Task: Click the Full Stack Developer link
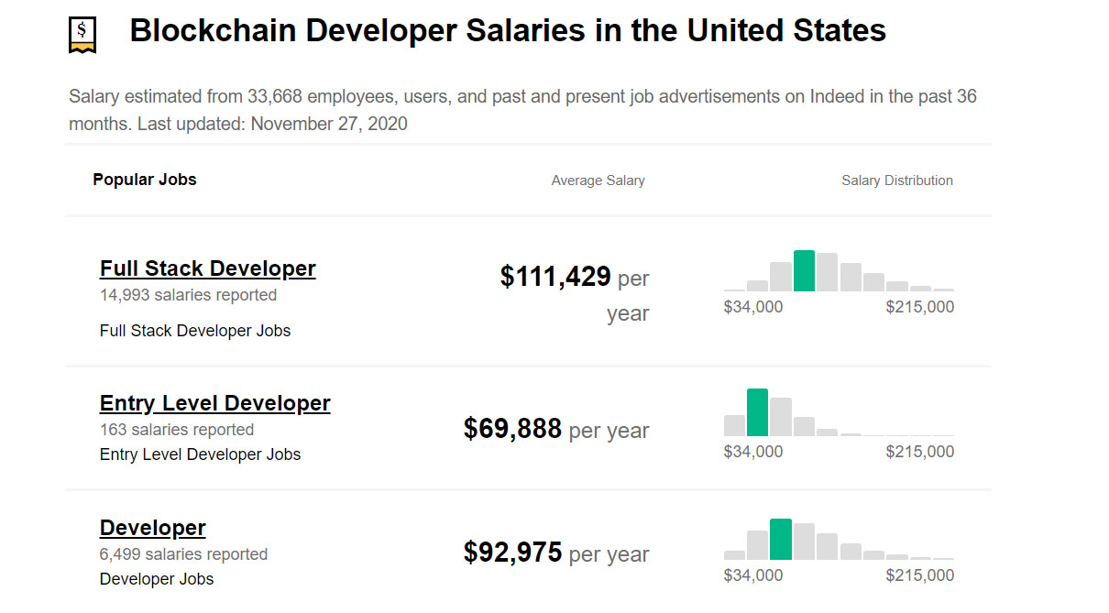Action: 207,268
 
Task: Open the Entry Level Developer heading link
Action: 214,403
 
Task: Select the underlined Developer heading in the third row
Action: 152,528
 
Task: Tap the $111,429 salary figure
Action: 555,277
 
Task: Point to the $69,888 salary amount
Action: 512,429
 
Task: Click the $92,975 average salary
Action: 512,553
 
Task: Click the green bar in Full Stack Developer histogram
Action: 804,271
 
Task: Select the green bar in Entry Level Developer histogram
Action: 757,412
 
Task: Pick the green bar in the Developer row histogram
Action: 780,540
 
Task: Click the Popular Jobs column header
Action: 145,180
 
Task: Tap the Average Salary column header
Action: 598,181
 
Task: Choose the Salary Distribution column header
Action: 896,181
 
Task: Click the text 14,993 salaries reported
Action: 188,295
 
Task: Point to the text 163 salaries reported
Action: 177,430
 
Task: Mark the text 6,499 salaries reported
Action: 183,554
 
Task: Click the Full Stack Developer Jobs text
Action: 195,331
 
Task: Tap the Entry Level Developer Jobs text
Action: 200,454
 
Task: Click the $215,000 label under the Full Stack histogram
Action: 919,307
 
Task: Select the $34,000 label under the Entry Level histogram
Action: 753,452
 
